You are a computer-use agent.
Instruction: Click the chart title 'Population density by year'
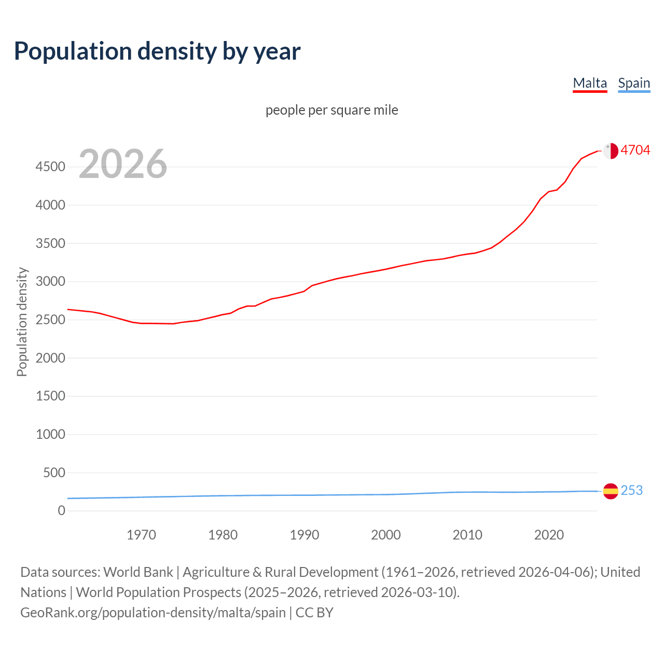(x=157, y=51)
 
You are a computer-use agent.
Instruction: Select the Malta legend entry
(x=590, y=83)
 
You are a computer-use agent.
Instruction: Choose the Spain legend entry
(x=634, y=83)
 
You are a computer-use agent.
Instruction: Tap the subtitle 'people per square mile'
(x=331, y=110)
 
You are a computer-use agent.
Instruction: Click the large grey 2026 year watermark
(x=123, y=164)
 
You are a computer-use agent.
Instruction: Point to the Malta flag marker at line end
(x=611, y=150)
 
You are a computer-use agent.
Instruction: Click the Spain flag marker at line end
(x=611, y=491)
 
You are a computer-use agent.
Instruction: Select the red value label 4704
(x=635, y=150)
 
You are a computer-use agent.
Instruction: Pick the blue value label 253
(x=631, y=490)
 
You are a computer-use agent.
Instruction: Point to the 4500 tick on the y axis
(x=50, y=167)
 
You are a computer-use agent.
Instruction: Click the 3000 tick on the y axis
(x=50, y=282)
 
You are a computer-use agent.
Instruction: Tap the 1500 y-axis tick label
(x=50, y=396)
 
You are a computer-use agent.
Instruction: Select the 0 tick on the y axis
(x=62, y=511)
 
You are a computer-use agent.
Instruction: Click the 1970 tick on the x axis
(x=141, y=535)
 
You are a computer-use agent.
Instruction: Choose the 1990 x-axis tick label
(x=305, y=535)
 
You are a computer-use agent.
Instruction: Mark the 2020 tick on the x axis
(x=549, y=535)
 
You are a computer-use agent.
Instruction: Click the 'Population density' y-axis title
(x=22, y=322)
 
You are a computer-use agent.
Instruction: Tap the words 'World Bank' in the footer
(x=138, y=572)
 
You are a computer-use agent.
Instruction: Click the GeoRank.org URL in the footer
(x=153, y=613)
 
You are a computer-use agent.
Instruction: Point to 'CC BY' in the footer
(x=314, y=613)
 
